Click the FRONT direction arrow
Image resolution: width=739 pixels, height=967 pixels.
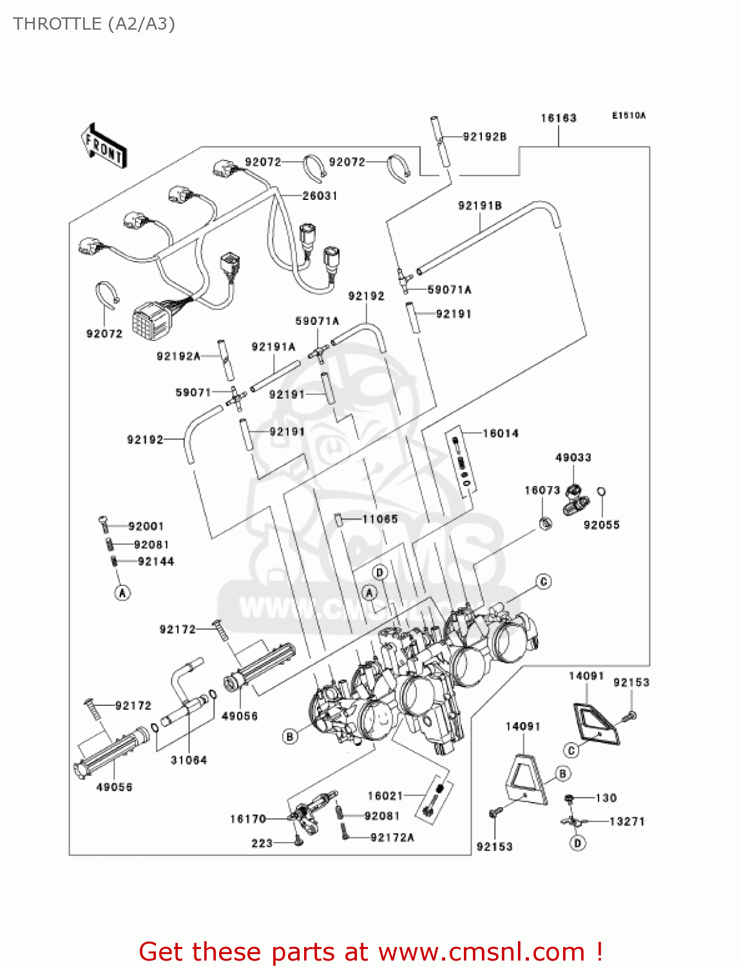104,146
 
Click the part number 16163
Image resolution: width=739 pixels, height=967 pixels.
558,118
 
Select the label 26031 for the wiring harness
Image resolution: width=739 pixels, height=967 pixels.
320,195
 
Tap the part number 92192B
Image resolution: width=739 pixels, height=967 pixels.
485,137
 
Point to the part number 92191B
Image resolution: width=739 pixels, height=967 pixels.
480,206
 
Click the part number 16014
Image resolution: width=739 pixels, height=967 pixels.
501,433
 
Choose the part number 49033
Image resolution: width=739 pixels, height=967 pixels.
573,458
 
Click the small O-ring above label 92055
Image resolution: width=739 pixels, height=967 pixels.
601,492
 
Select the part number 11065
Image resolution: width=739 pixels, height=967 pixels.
380,519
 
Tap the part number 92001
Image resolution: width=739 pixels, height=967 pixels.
146,526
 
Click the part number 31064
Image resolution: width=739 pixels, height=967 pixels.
189,760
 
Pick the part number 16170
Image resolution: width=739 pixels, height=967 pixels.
248,819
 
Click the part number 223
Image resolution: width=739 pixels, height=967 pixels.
262,843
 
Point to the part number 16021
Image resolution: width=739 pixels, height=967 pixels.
385,796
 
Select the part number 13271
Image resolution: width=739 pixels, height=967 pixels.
627,821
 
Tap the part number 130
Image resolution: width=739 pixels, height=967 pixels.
606,798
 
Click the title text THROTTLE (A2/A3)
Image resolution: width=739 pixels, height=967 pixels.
94,24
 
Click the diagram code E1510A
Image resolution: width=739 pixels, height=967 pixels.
628,116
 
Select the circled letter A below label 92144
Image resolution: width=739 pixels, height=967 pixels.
122,592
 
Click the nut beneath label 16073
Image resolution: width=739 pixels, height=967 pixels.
545,523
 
